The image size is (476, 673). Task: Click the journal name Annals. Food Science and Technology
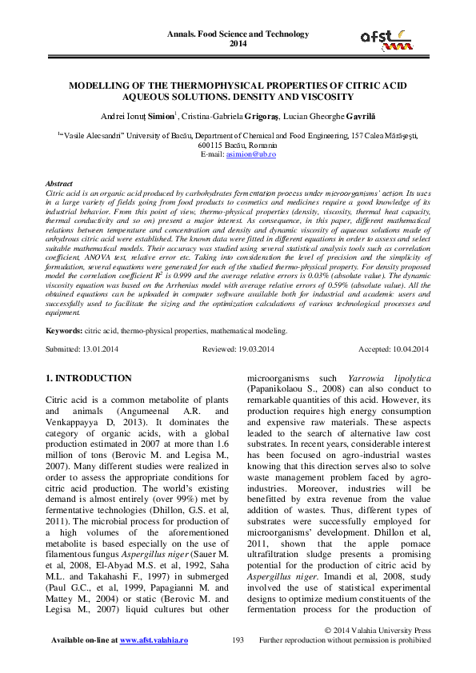pyautogui.click(x=238, y=34)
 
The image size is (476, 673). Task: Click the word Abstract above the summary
pyautogui.click(x=60, y=183)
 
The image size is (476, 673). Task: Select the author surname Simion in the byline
pyautogui.click(x=164, y=117)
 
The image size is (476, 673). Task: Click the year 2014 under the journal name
pyautogui.click(x=238, y=44)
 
